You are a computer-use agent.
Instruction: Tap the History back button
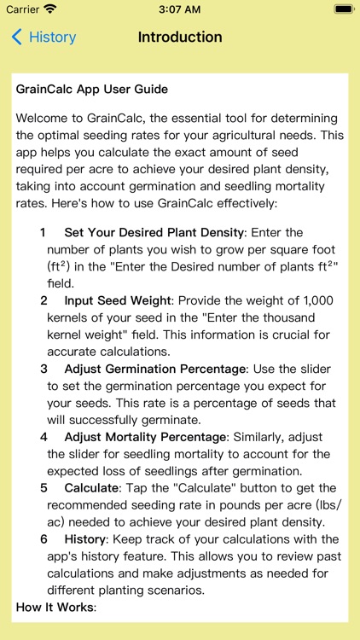[44, 38]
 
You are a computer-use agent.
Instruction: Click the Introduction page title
[180, 38]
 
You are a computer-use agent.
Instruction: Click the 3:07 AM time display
[180, 9]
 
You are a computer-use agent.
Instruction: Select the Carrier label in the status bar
[23, 9]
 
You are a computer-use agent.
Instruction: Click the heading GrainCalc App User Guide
[92, 89]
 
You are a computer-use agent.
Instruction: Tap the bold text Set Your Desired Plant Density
[154, 232]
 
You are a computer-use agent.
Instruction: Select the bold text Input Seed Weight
[118, 300]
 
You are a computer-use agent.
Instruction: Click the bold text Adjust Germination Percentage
[155, 369]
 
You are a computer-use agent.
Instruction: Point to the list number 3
[44, 369]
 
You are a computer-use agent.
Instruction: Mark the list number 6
[44, 539]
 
